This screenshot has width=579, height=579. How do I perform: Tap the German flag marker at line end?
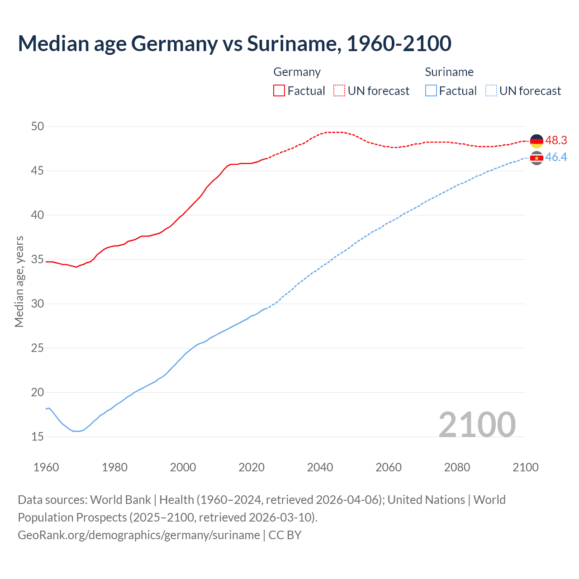(536, 141)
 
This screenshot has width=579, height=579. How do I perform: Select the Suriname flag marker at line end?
(536, 158)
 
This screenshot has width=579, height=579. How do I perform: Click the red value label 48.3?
(556, 141)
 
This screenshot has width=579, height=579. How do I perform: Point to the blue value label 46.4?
(556, 157)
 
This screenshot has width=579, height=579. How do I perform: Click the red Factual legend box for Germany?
(279, 91)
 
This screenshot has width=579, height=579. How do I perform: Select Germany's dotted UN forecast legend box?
(339, 91)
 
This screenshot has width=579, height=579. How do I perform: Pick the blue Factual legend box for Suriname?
(431, 91)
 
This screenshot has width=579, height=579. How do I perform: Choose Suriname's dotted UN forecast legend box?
(491, 91)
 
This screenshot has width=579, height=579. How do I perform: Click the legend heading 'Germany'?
(297, 72)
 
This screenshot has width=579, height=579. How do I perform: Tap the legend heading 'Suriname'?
(449, 72)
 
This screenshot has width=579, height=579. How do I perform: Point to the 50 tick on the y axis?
(38, 126)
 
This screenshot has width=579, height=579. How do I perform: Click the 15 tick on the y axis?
(38, 437)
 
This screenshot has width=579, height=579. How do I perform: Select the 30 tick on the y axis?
(38, 304)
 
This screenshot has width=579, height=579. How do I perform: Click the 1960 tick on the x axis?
(46, 467)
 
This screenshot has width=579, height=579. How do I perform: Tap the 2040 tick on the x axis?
(320, 467)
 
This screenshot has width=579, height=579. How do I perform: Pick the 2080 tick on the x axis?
(457, 467)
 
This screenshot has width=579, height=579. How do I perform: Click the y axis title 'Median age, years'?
(19, 281)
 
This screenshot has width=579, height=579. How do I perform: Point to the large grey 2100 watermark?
(477, 424)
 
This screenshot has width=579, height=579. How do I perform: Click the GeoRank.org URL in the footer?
(139, 535)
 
